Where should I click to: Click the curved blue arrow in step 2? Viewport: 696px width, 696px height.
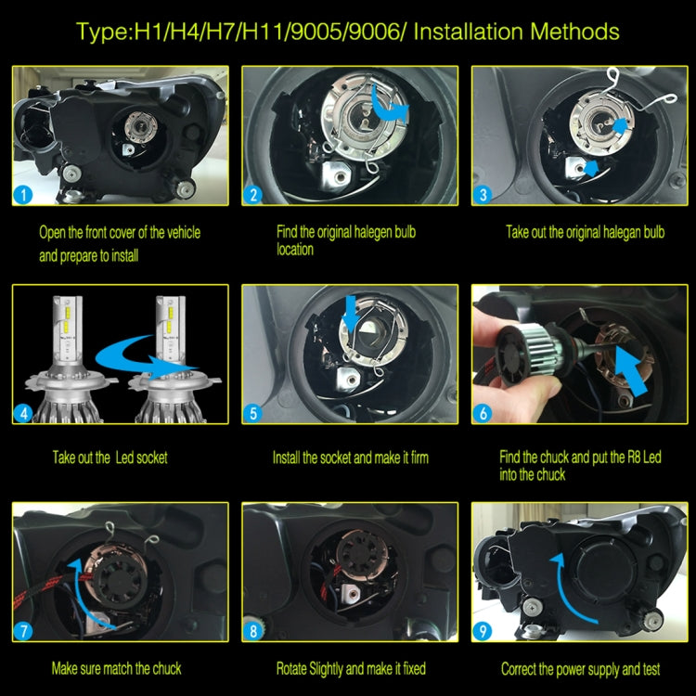click(x=388, y=104)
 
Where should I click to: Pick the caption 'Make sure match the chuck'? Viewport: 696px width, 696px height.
click(x=116, y=668)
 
